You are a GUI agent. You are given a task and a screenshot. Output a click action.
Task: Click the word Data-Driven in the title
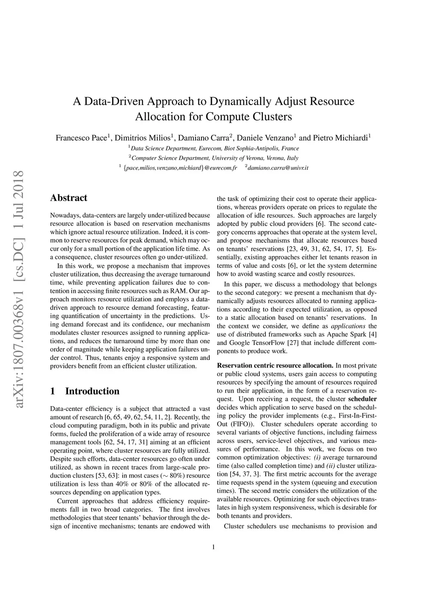point(113,101)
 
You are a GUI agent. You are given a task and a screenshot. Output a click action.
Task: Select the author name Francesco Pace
point(82,138)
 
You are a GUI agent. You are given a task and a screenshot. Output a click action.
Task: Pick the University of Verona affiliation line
point(213,158)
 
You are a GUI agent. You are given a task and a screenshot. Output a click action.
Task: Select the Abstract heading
point(68,198)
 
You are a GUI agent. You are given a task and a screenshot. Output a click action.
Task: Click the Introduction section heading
point(92,391)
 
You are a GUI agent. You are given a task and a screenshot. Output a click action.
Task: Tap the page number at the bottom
point(213,547)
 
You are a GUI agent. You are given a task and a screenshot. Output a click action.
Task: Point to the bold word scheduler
point(362,399)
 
